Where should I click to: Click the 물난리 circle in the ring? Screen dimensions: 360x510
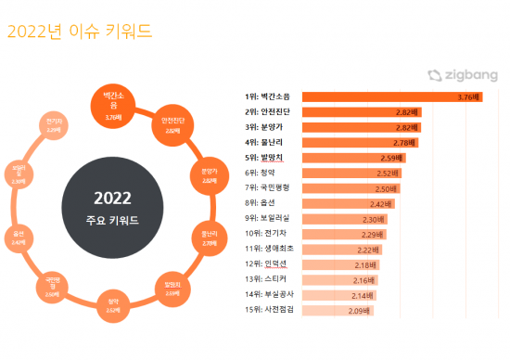(209, 236)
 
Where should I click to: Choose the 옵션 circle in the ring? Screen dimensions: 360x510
(19, 237)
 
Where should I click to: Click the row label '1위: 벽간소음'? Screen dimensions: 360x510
(270, 96)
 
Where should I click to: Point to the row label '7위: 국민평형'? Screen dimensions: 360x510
(270, 187)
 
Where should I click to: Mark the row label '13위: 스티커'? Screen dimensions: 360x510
(266, 279)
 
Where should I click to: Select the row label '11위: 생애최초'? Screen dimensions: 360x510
(270, 249)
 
